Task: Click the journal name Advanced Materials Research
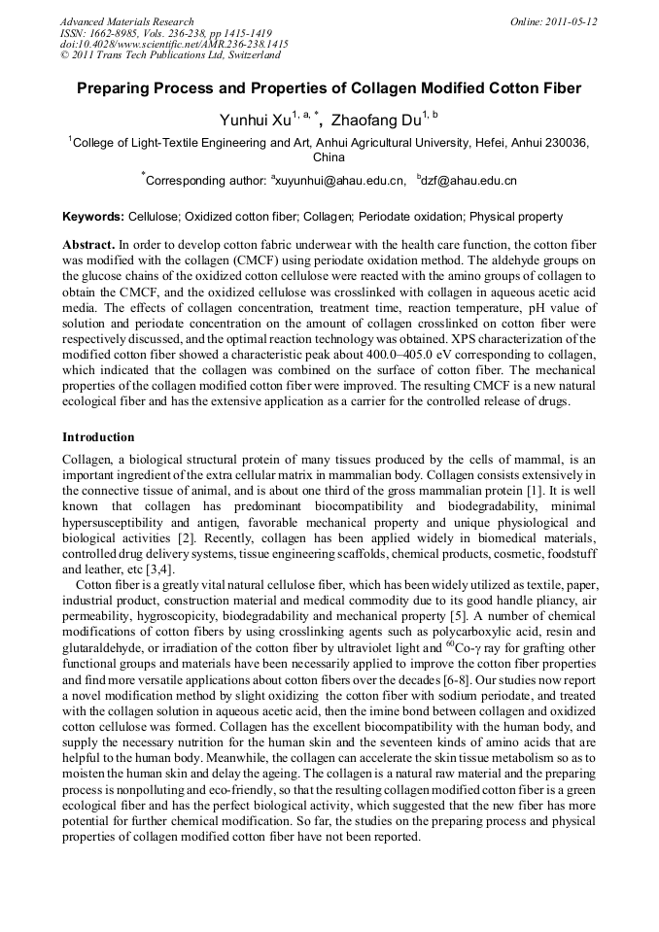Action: click(126, 21)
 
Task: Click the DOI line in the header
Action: click(174, 45)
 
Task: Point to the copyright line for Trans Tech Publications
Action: click(170, 56)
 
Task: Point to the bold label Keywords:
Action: click(93, 217)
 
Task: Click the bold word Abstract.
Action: click(88, 244)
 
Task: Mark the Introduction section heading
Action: click(98, 437)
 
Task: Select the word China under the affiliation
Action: click(329, 156)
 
